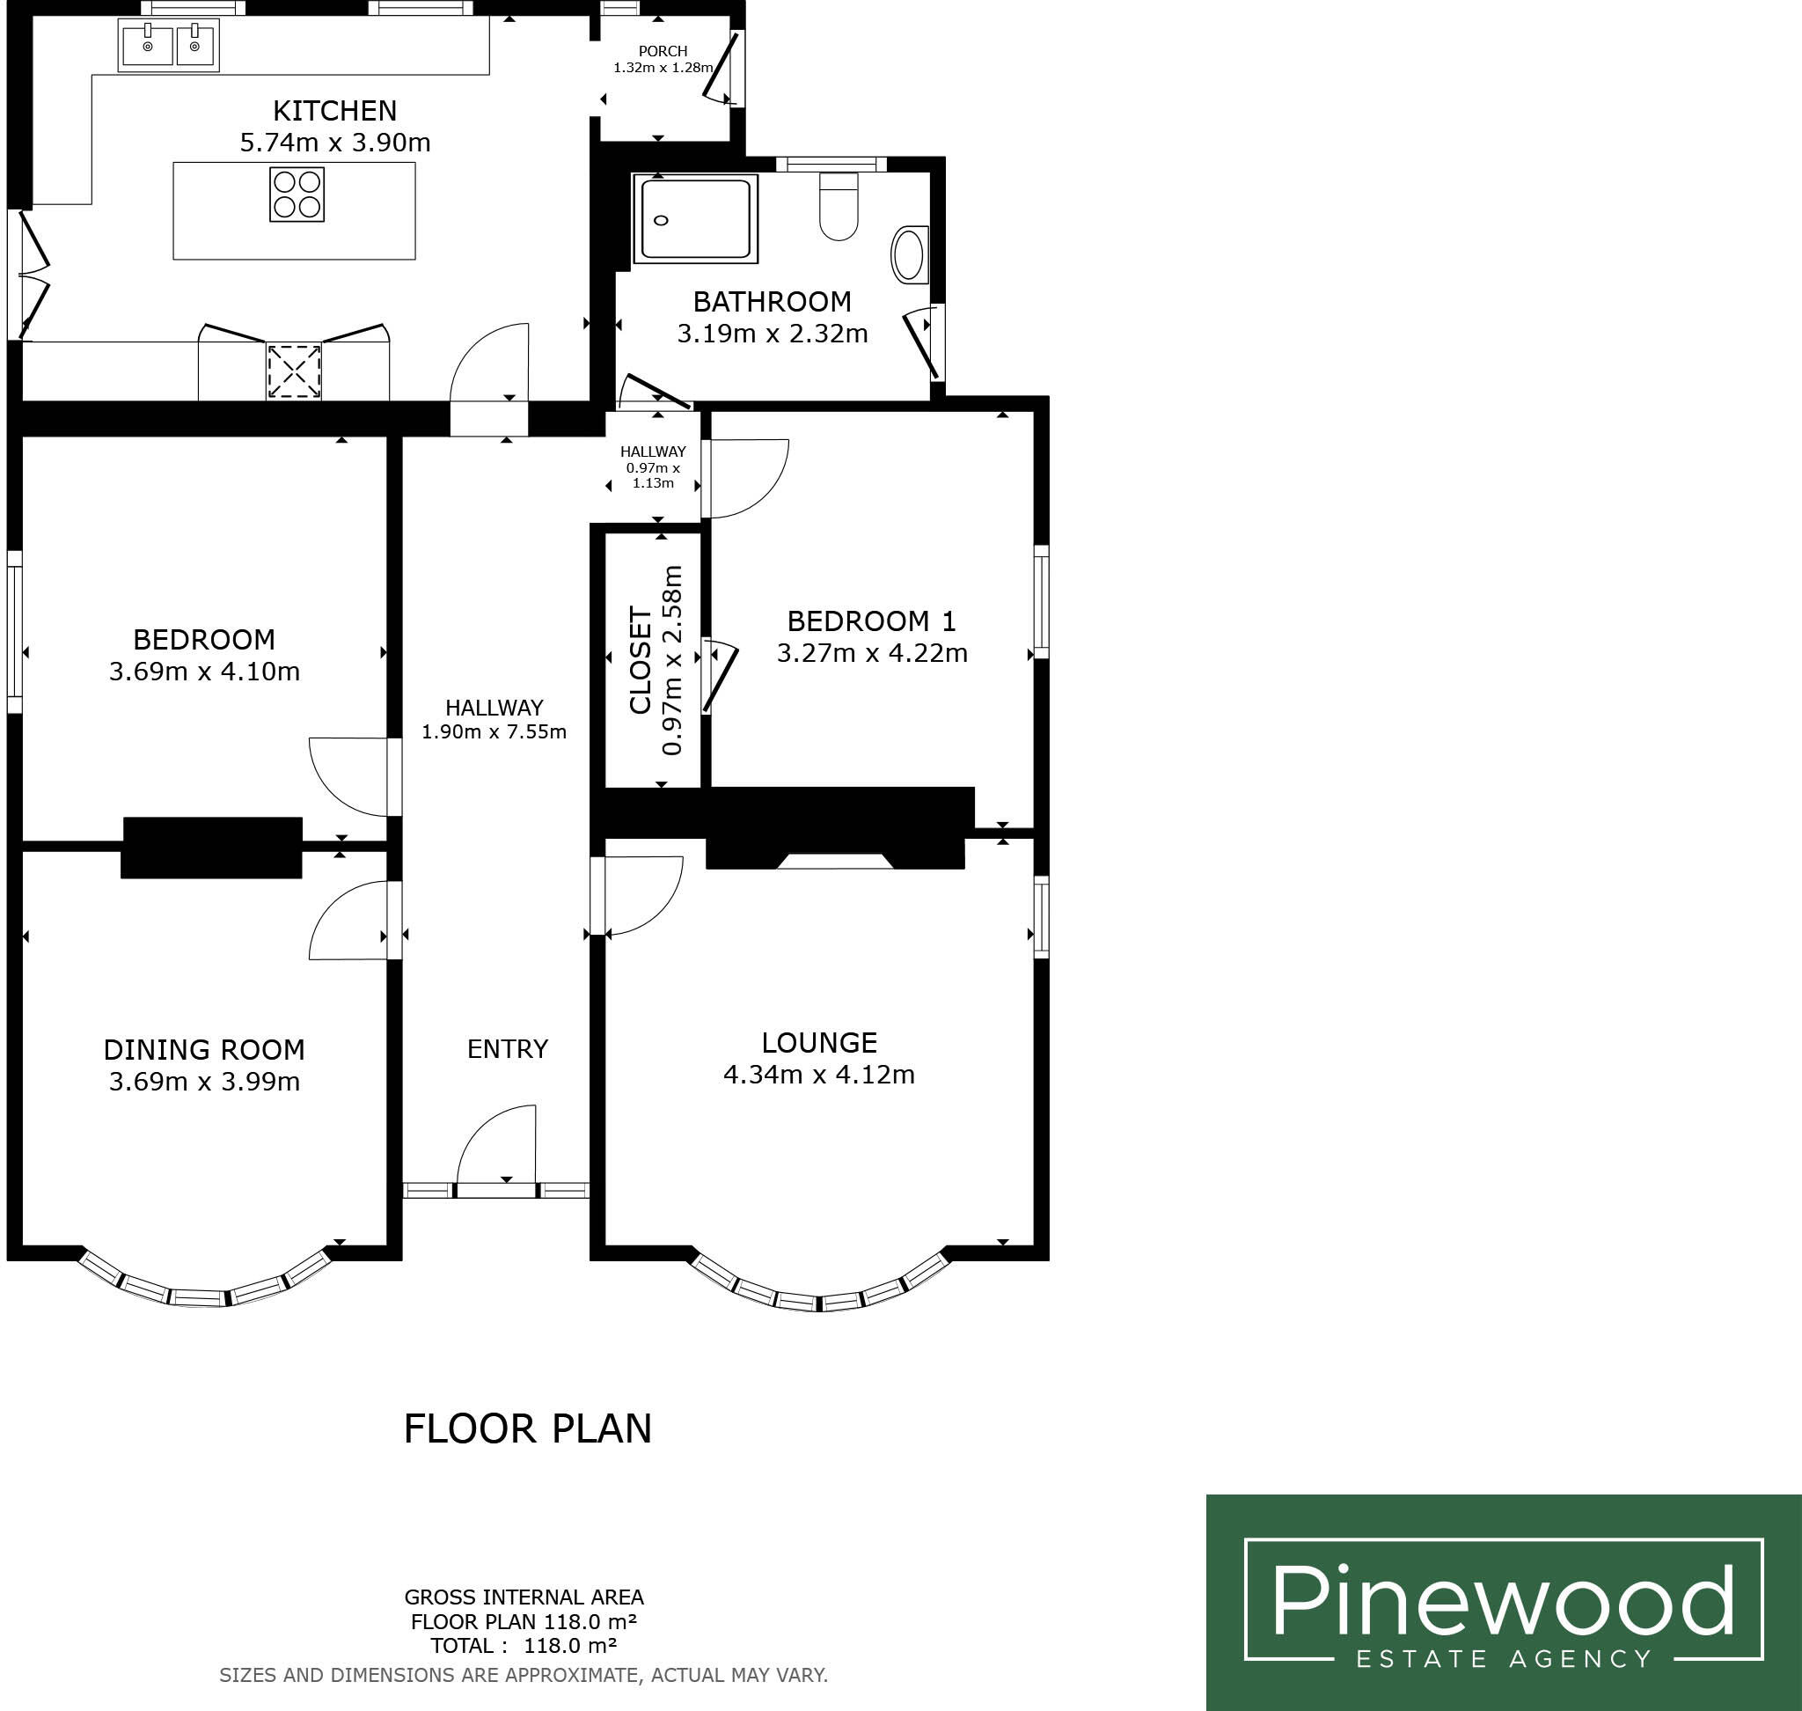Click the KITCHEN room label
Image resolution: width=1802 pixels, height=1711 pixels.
(x=334, y=111)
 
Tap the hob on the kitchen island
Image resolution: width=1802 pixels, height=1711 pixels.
(x=297, y=195)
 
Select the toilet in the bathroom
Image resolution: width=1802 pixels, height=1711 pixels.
(x=838, y=207)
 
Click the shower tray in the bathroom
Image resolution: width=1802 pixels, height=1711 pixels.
(x=696, y=219)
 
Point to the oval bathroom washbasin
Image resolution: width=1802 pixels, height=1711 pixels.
(x=908, y=254)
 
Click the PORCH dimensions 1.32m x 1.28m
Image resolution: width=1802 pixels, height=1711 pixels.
(x=663, y=68)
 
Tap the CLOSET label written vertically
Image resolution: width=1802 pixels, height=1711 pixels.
(x=641, y=661)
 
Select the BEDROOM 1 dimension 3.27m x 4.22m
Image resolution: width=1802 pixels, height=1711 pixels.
(x=872, y=653)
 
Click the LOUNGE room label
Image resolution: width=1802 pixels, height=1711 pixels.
(x=819, y=1042)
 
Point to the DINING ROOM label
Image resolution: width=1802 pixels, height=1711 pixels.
(x=204, y=1050)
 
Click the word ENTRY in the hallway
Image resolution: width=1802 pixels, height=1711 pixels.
(x=507, y=1049)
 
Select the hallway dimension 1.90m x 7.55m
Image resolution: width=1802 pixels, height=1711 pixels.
(x=494, y=731)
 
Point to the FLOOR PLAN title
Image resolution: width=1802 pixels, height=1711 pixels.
(x=527, y=1428)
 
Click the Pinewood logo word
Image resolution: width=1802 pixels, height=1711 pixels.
(x=1502, y=1603)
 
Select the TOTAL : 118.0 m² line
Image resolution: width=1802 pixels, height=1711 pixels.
(x=524, y=1646)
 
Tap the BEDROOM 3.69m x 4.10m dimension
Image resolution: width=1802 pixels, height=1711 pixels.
(x=204, y=672)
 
